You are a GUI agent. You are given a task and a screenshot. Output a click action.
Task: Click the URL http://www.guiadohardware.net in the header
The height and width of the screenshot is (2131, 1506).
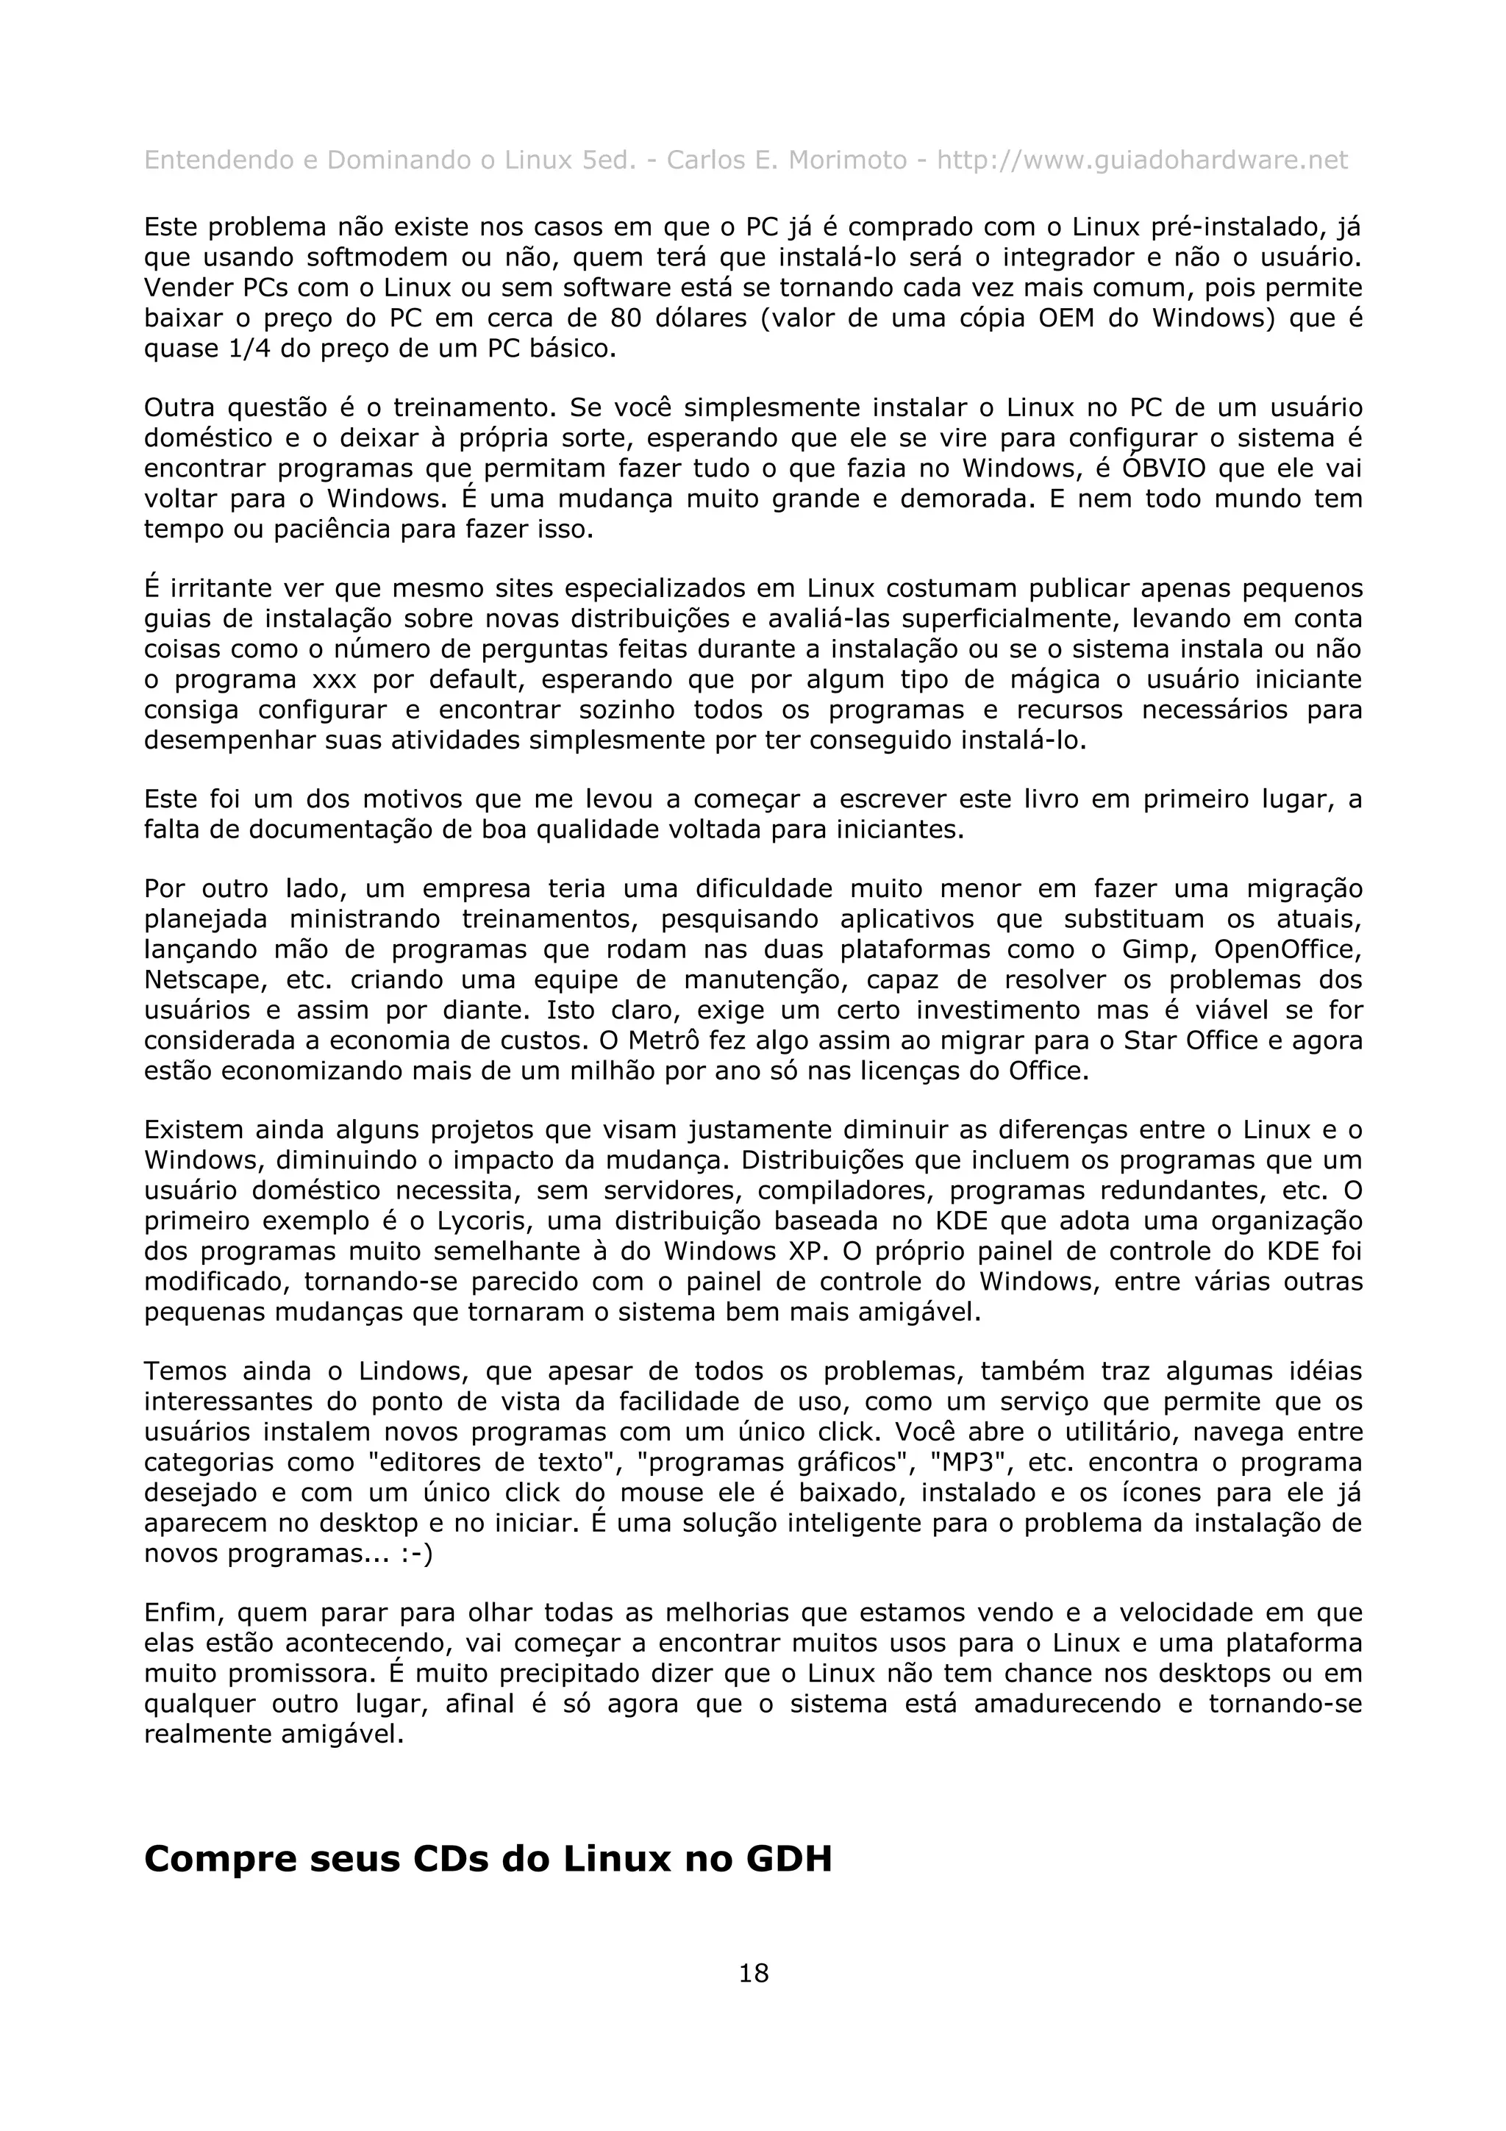(1141, 160)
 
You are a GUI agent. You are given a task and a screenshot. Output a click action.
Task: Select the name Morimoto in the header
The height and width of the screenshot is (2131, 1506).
(847, 160)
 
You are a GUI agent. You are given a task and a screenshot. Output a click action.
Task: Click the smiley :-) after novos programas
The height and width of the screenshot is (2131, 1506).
(418, 1553)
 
